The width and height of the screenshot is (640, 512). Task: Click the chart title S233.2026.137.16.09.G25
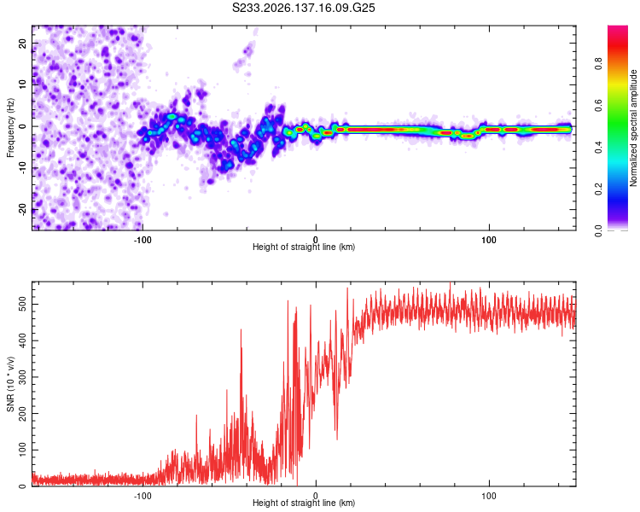click(303, 8)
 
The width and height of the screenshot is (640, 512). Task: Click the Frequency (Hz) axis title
click(10, 128)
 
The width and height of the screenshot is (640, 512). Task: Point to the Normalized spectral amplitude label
click(633, 128)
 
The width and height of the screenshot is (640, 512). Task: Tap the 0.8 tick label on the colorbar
click(598, 64)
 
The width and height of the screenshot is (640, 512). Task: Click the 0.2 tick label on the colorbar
click(598, 189)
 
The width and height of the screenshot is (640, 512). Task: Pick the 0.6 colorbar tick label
click(598, 105)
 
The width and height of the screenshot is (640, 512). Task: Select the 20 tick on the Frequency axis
click(23, 44)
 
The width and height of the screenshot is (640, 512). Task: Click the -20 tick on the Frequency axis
click(23, 209)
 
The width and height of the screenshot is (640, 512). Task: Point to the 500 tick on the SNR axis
click(23, 304)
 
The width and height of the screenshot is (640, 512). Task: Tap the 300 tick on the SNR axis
click(23, 377)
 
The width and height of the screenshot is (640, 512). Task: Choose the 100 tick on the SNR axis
click(23, 450)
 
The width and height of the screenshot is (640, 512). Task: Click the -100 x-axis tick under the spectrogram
click(143, 240)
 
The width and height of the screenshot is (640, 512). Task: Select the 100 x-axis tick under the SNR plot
click(489, 496)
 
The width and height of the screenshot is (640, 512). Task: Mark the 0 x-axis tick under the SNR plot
click(316, 496)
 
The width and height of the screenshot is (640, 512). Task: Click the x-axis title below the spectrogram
click(304, 247)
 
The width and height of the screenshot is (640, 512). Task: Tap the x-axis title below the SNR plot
click(304, 503)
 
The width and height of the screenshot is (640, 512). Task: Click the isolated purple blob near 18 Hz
click(247, 51)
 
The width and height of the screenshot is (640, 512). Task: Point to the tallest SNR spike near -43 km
click(241, 332)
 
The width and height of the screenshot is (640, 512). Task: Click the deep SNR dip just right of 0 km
click(337, 437)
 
